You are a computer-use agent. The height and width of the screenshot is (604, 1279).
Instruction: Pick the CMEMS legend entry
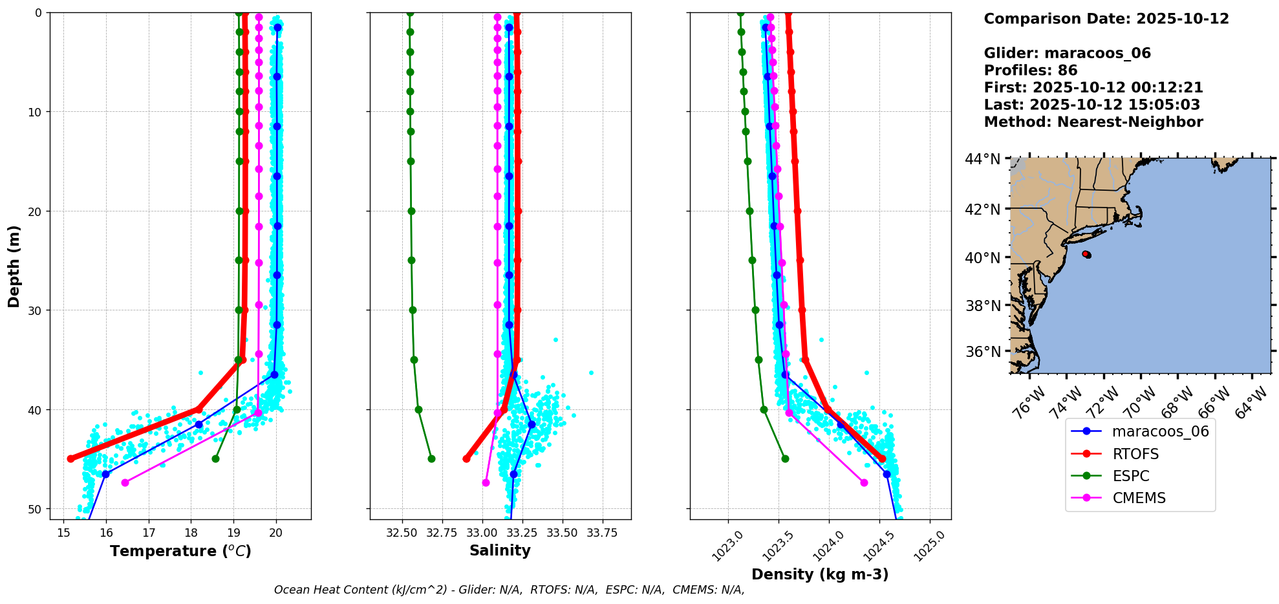pyautogui.click(x=1139, y=498)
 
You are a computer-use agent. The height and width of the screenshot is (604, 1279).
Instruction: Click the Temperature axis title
pyautogui.click(x=180, y=551)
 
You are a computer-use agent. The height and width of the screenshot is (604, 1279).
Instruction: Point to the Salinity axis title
pyautogui.click(x=500, y=550)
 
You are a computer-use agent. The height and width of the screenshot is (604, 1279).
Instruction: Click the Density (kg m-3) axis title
pyautogui.click(x=820, y=574)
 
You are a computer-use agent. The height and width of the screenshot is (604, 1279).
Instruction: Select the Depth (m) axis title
pyautogui.click(x=14, y=266)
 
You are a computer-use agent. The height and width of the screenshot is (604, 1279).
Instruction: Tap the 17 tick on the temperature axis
pyautogui.click(x=149, y=533)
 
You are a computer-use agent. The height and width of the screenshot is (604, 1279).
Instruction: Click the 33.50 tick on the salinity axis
pyautogui.click(x=563, y=533)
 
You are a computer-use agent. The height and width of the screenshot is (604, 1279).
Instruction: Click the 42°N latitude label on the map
pyautogui.click(x=982, y=209)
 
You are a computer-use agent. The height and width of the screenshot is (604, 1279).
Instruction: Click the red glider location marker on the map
pyautogui.click(x=1086, y=254)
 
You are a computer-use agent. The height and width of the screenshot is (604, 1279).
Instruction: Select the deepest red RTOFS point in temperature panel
pyautogui.click(x=70, y=458)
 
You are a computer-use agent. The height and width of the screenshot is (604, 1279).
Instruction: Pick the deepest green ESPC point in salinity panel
pyautogui.click(x=431, y=458)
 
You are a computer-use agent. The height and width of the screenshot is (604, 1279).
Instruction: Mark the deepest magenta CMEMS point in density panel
pyautogui.click(x=864, y=482)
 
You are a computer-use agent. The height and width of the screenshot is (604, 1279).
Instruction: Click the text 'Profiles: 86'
pyautogui.click(x=1030, y=70)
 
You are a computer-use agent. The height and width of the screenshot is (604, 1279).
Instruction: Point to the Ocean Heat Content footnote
pyautogui.click(x=509, y=590)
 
